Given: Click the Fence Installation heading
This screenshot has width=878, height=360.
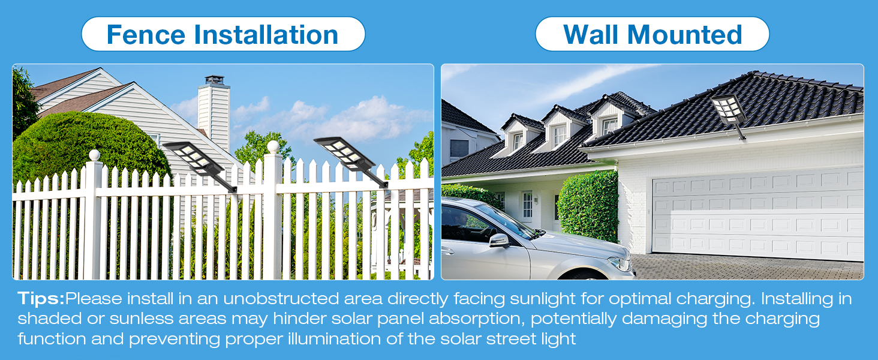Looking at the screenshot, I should click(x=222, y=34).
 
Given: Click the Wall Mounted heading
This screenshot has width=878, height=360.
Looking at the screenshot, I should click(x=653, y=34).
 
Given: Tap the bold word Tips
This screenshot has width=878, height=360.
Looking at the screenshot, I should click(x=40, y=299).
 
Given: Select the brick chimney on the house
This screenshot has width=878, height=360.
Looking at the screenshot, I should click(x=214, y=114).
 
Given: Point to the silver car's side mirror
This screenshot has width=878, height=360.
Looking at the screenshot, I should click(x=499, y=241).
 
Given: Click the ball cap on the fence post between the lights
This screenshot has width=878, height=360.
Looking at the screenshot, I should click(x=273, y=146).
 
